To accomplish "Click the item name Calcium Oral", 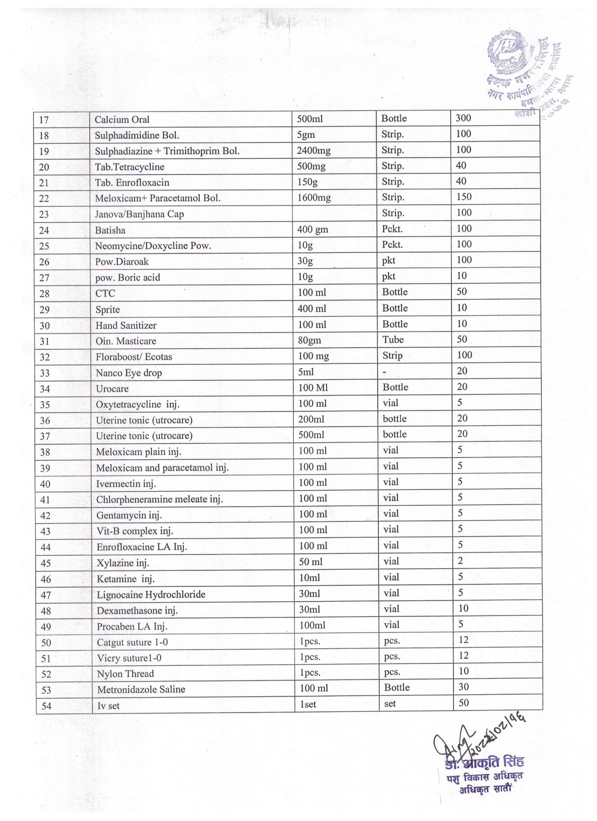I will (x=122, y=119).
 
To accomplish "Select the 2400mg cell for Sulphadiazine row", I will (x=314, y=151).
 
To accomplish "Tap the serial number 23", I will (x=44, y=214).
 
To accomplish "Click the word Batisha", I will (x=110, y=230).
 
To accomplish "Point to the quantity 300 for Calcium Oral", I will (x=464, y=118).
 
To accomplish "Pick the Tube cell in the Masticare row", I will (x=393, y=340).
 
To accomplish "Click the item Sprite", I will (x=107, y=309).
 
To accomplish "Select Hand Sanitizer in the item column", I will (x=126, y=326).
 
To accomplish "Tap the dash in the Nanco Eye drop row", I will (x=385, y=372).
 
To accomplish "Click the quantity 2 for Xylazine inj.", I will (x=460, y=561).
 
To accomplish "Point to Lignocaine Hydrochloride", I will (x=151, y=595).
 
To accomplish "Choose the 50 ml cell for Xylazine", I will (x=311, y=562).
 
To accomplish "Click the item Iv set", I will (x=108, y=705).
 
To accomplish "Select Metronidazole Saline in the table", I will (x=141, y=689).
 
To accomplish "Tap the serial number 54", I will (x=46, y=706).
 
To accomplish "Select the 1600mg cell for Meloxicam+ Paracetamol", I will (x=314, y=198).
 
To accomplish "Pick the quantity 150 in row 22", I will (x=464, y=197).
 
